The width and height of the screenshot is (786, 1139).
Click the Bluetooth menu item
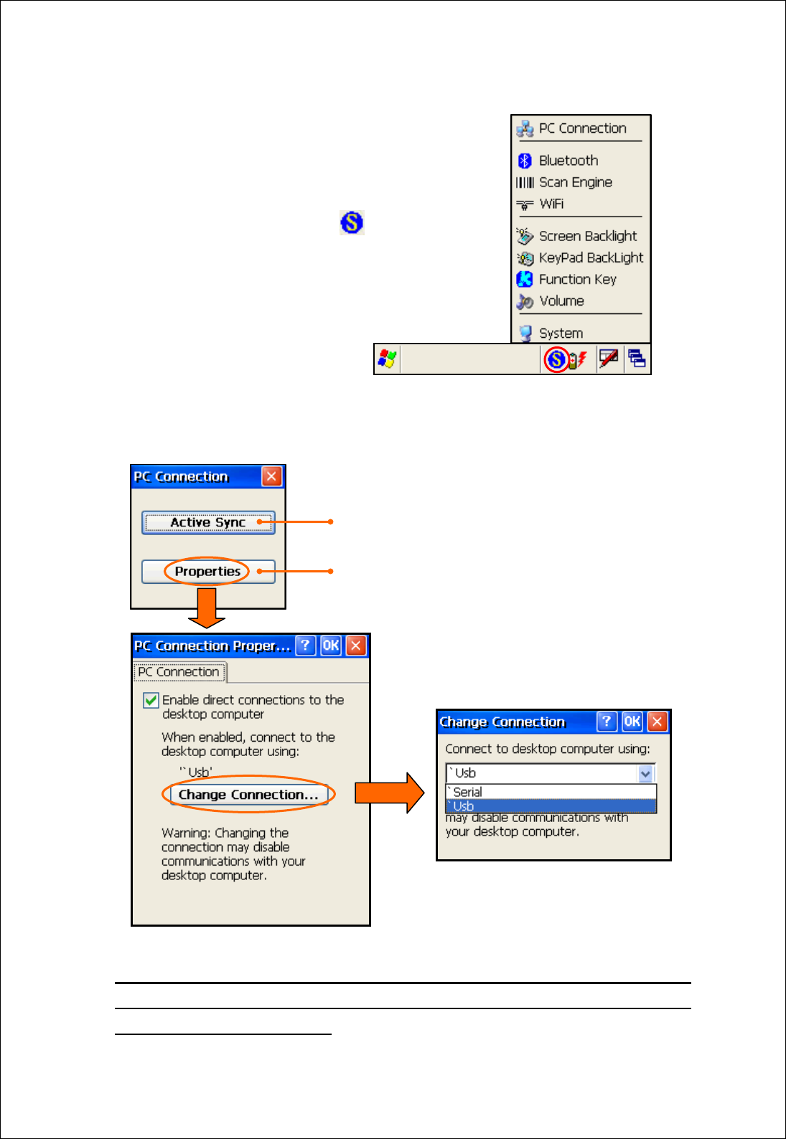coord(567,161)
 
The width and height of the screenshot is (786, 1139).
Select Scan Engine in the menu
coord(574,182)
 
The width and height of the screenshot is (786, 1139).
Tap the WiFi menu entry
coord(551,204)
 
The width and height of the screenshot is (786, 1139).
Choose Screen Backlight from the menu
coord(586,236)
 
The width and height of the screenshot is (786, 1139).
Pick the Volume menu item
coord(561,301)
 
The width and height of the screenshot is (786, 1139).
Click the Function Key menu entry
coord(576,279)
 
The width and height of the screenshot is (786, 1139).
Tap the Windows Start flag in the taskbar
coord(387,359)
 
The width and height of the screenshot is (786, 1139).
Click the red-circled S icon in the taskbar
coord(556,359)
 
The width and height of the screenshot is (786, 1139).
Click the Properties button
coord(208,572)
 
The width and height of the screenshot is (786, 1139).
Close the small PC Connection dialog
coord(271,476)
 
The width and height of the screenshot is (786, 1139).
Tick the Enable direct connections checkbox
coord(151,700)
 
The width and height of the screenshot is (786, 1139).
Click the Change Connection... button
coord(248,795)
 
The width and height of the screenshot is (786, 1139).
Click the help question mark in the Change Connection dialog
coord(607,722)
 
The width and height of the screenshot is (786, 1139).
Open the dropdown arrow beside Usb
coord(645,773)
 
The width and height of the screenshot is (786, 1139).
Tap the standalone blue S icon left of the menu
coord(352,222)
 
